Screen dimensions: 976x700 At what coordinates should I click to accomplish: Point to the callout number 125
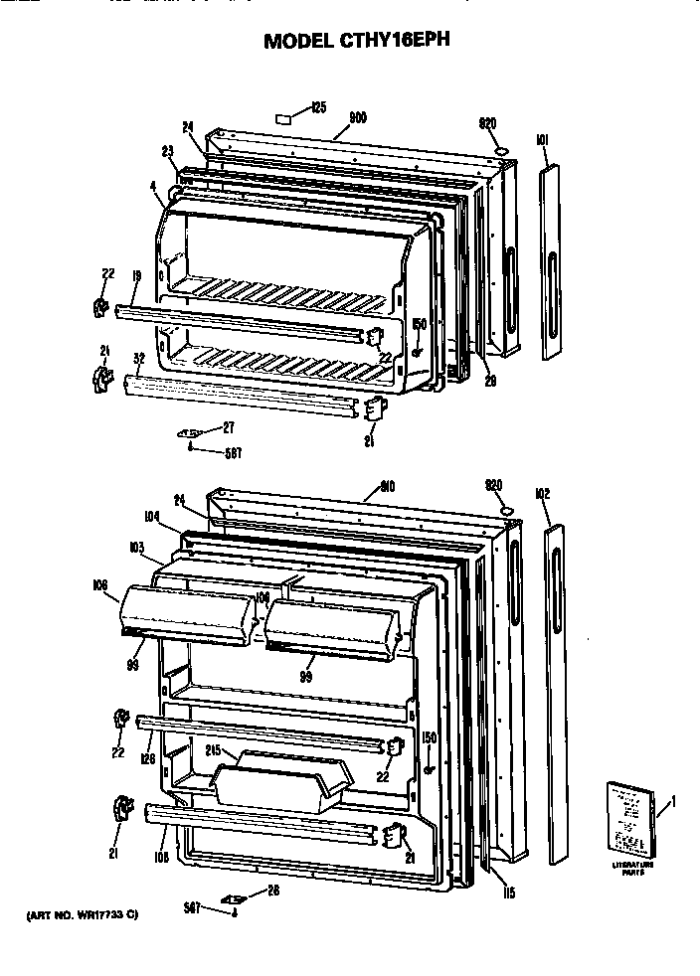click(x=318, y=107)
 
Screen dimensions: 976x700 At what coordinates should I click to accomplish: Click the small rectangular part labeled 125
click(x=282, y=115)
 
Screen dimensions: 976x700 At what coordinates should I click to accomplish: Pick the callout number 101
click(x=542, y=140)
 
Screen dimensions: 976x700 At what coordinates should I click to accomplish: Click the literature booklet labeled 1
click(x=631, y=820)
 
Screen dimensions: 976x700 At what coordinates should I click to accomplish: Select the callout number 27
click(x=228, y=427)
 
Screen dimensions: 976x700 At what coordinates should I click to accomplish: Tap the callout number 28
click(x=272, y=890)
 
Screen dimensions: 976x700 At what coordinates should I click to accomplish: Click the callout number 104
click(x=151, y=516)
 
